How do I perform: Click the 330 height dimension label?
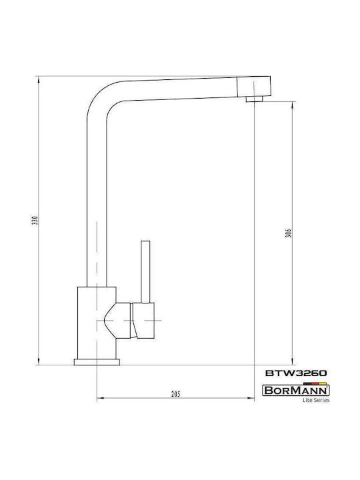(35, 221)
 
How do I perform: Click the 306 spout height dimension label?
(289, 233)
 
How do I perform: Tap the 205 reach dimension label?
(175, 394)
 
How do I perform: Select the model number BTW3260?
(296, 373)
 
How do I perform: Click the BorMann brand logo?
(296, 391)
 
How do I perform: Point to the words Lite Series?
(316, 400)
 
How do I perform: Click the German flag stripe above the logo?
(315, 383)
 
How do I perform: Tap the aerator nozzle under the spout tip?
(254, 99)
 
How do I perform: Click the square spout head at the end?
(254, 86)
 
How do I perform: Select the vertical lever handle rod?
(145, 272)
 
